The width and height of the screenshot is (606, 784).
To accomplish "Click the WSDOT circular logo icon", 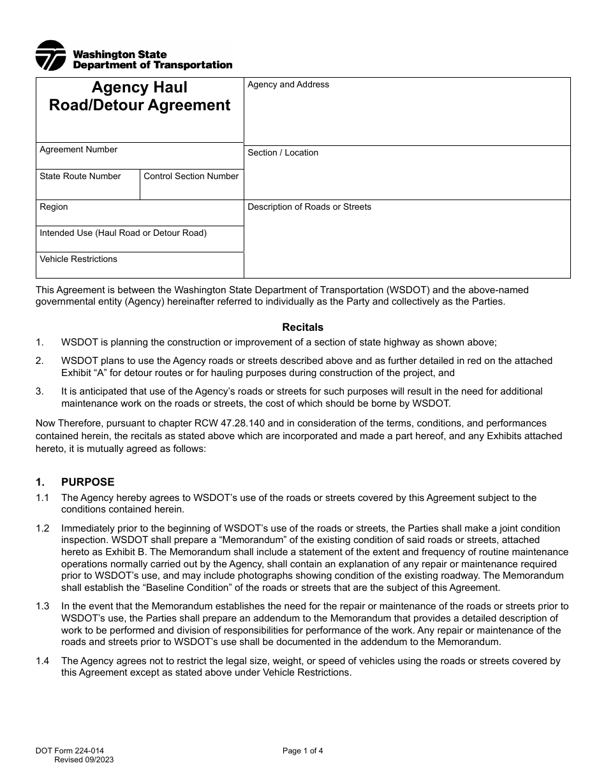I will click(x=50, y=55).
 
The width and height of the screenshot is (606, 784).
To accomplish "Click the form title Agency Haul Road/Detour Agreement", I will click(x=140, y=96).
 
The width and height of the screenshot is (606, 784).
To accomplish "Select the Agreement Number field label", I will click(x=78, y=150).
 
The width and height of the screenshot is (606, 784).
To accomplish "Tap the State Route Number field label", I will click(x=80, y=177).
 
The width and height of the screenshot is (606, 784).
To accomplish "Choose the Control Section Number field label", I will click(x=191, y=177).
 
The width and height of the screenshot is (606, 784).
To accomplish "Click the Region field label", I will click(x=54, y=207).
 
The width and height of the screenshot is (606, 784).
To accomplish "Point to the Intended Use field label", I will click(x=123, y=233).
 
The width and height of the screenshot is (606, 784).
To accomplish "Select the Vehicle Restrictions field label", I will click(x=78, y=259).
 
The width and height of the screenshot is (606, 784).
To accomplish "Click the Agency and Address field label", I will click(x=288, y=85).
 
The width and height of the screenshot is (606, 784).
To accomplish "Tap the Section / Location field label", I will click(x=283, y=153).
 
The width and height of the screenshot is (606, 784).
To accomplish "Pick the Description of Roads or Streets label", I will click(x=309, y=207).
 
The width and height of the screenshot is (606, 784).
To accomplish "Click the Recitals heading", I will click(x=303, y=328).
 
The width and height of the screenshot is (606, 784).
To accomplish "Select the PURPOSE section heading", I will click(x=87, y=482).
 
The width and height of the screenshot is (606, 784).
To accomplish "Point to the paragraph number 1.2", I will click(x=43, y=528).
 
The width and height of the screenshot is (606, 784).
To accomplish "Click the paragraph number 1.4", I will click(x=43, y=661).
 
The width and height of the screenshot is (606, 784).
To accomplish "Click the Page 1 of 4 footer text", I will click(x=303, y=751).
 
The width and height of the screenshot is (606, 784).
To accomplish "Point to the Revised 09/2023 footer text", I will click(x=84, y=760).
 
